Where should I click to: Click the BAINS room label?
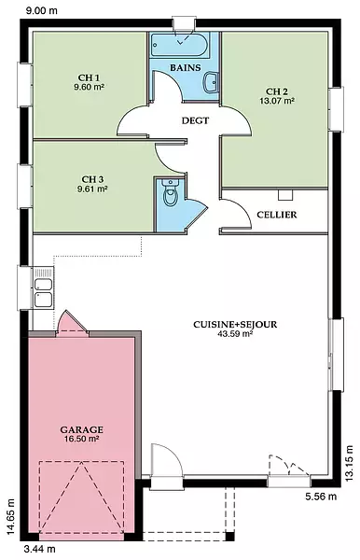[x=186, y=67]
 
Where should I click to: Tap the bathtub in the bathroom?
[x=179, y=45]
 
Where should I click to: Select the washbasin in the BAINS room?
[x=211, y=82]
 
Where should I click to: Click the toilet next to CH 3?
[x=170, y=192]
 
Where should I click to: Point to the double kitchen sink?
[x=43, y=287]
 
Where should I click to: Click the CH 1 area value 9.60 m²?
[x=90, y=87]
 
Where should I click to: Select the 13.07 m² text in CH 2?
[x=277, y=101]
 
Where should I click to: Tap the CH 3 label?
[x=92, y=179]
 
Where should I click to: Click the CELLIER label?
[x=277, y=215]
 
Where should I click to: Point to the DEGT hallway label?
[x=195, y=120]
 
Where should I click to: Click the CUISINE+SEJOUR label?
[x=235, y=325]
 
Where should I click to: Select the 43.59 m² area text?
[x=235, y=334]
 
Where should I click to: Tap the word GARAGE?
[x=82, y=429]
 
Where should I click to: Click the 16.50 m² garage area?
[x=82, y=439]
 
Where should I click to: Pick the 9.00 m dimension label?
[x=42, y=10]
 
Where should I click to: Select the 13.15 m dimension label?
[x=349, y=463]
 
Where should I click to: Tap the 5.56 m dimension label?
[x=321, y=497]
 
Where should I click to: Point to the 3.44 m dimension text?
[x=39, y=549]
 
